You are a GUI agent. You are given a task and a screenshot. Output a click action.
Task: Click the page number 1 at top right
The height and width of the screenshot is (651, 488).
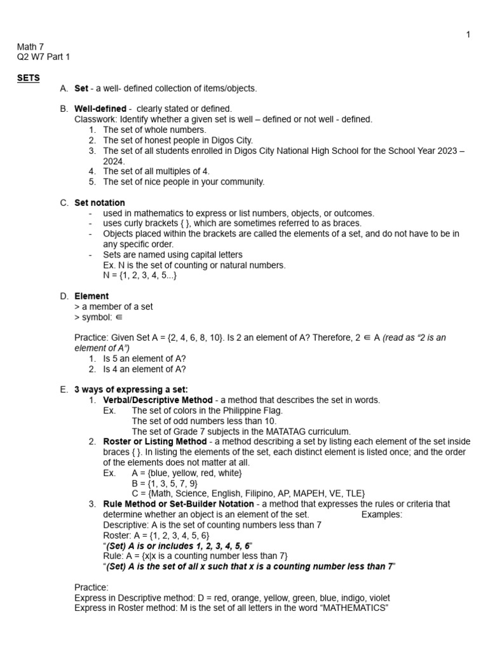coord(468,34)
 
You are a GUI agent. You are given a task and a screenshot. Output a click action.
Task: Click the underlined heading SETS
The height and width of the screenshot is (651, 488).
coord(28,78)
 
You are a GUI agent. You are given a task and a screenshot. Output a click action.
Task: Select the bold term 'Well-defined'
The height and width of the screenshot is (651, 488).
coord(100,109)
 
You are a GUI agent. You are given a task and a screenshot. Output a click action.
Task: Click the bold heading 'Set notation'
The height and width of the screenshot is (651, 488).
coord(100,203)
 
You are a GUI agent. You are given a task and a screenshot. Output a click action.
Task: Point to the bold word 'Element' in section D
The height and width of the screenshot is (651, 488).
coord(91,296)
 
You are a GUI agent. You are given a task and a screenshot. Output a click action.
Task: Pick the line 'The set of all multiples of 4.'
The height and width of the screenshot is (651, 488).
coord(156,171)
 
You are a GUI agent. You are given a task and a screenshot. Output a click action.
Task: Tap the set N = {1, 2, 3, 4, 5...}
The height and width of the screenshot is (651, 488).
coord(140,275)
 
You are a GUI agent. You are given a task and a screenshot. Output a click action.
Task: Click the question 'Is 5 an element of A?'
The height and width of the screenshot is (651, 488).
coord(144,359)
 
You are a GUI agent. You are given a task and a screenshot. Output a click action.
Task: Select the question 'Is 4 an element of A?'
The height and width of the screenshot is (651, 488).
coord(144,369)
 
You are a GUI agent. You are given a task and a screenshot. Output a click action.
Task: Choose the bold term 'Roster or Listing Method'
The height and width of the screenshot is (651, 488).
coord(155,441)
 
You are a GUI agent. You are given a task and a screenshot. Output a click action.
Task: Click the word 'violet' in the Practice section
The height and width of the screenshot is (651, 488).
coord(377,598)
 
